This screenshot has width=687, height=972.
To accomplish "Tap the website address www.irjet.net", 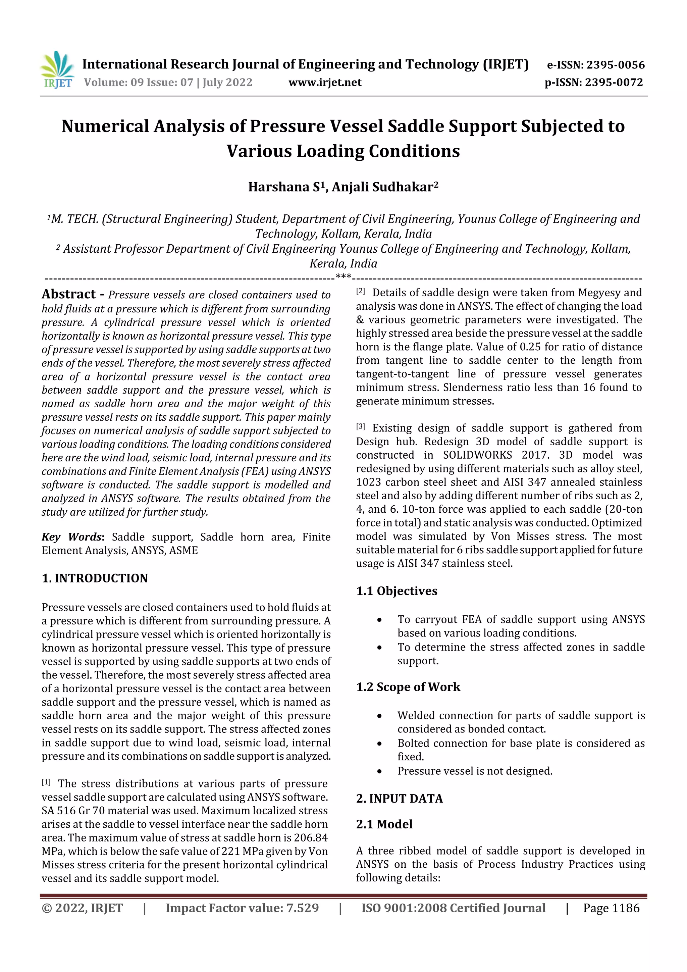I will click(x=325, y=82).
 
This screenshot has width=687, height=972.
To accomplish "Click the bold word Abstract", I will click(x=68, y=294).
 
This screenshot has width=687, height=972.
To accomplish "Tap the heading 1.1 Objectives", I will click(x=397, y=591).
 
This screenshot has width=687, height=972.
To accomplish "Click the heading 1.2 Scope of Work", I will click(x=408, y=687).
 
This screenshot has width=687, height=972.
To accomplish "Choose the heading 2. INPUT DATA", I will click(x=399, y=799).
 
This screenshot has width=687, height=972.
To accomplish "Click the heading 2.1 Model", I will click(x=384, y=824).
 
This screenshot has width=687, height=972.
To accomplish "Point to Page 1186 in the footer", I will click(x=611, y=908).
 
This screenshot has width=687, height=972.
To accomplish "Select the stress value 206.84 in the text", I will click(x=310, y=837).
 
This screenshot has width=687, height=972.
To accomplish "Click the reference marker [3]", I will click(x=360, y=427).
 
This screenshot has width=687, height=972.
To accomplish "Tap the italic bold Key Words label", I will click(x=71, y=537).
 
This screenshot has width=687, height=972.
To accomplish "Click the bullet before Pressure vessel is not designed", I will click(x=379, y=771).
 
